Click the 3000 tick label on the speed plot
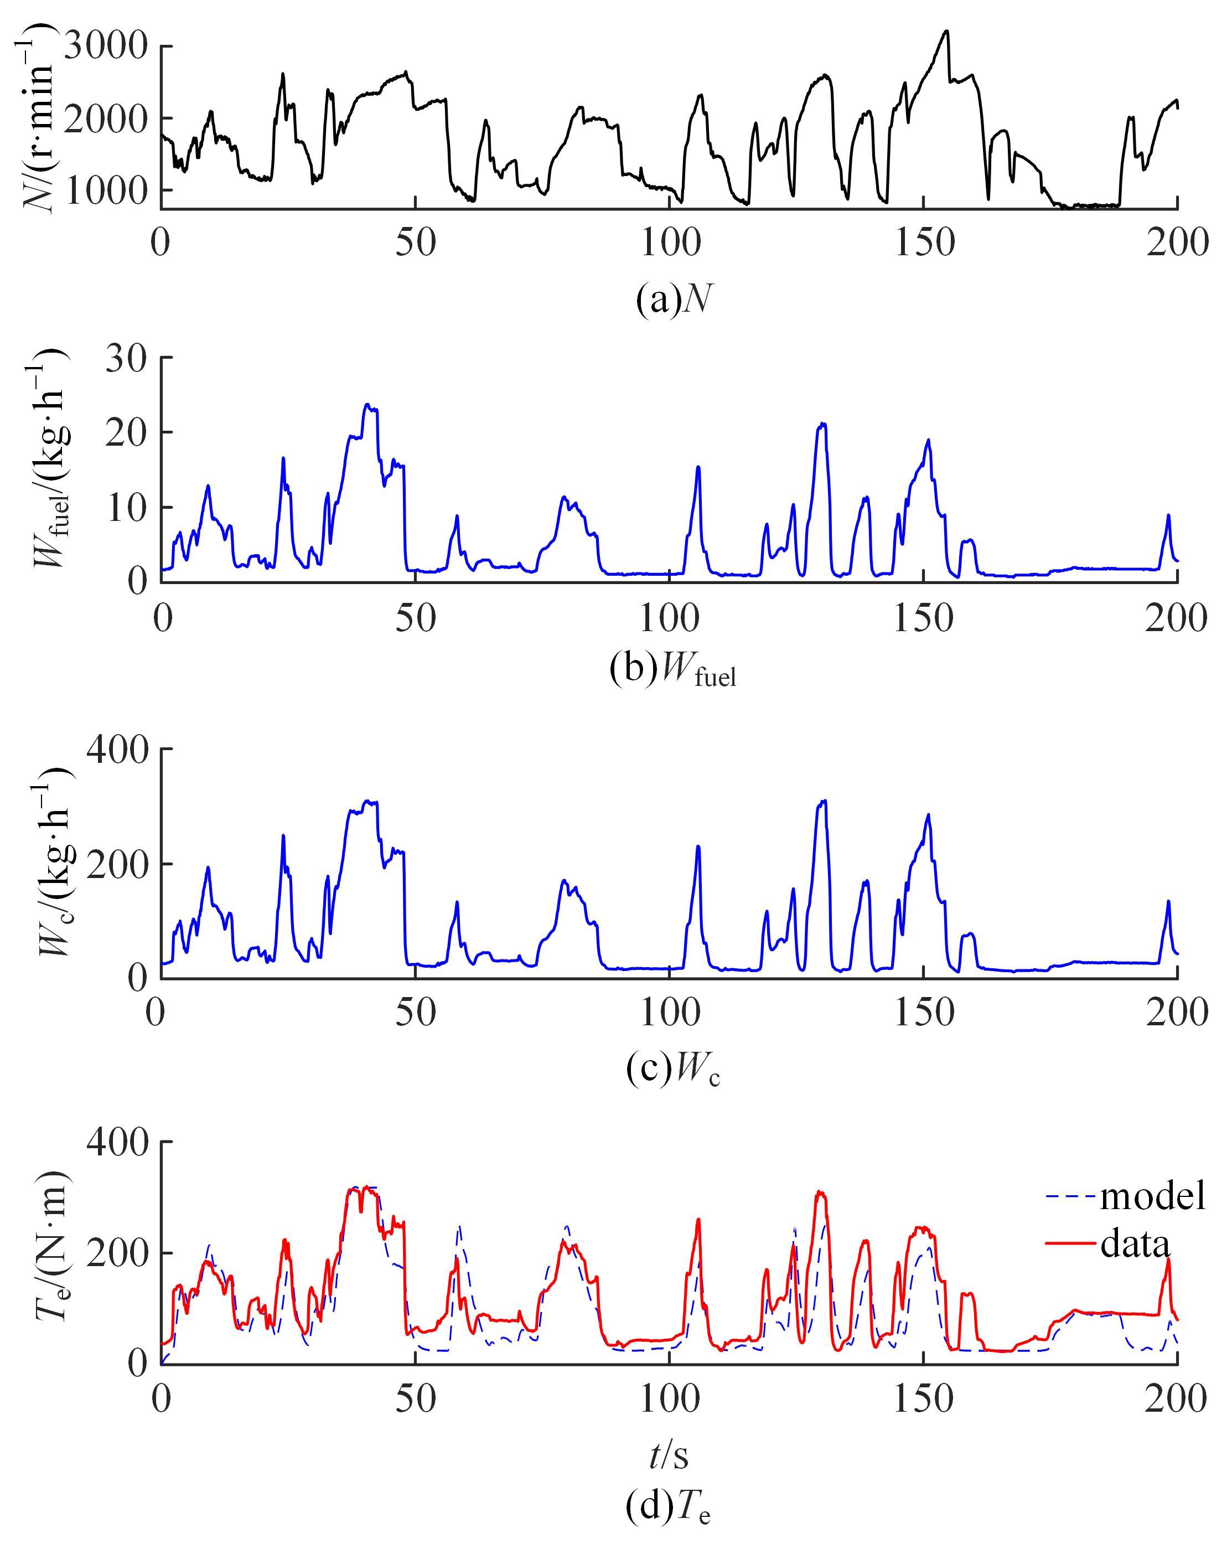point(106,48)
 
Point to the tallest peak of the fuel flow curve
point(367,405)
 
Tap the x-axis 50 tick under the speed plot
point(415,244)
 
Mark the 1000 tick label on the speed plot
point(106,190)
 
